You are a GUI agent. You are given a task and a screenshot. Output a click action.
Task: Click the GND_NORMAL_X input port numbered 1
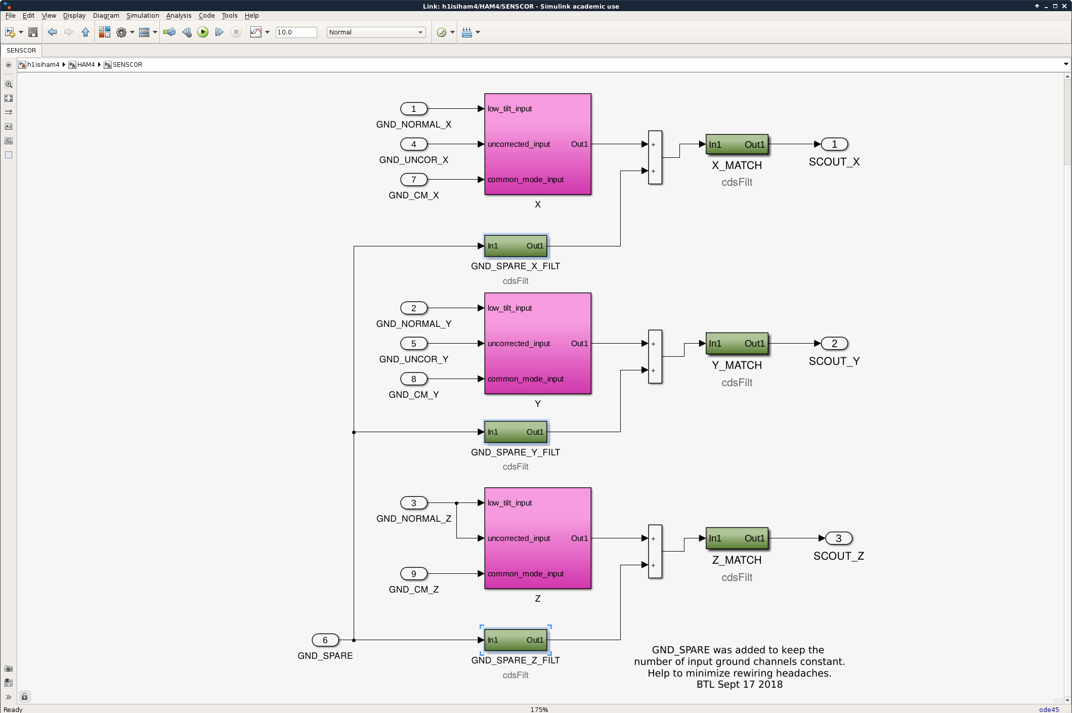click(413, 109)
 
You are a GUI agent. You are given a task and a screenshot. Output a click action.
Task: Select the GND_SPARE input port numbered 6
click(325, 640)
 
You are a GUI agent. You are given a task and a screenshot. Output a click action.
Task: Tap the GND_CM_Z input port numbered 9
click(413, 574)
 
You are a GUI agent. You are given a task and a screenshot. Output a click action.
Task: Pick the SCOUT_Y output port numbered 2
click(834, 344)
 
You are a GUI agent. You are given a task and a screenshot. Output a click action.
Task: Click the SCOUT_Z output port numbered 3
click(838, 538)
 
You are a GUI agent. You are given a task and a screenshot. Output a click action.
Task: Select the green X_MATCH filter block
click(737, 145)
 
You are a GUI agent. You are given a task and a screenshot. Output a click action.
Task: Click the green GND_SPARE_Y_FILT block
click(516, 432)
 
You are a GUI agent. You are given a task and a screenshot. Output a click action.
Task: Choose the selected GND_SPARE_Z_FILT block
click(516, 640)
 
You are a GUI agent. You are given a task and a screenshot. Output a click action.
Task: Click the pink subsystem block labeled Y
click(537, 344)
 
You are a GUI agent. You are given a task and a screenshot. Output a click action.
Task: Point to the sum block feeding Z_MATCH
click(655, 552)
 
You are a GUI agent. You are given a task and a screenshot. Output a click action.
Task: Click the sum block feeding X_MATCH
click(655, 157)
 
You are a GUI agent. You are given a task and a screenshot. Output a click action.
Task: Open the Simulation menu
click(143, 16)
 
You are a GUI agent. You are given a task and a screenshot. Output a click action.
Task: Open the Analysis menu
click(179, 16)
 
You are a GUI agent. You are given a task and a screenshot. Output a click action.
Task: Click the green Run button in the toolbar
click(203, 32)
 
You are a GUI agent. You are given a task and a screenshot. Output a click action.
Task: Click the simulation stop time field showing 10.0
click(296, 32)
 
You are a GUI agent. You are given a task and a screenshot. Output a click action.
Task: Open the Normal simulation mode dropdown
click(376, 32)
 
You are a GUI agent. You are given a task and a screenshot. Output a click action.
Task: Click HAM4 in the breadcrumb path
click(86, 65)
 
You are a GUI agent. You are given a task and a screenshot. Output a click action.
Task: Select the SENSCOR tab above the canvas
click(21, 51)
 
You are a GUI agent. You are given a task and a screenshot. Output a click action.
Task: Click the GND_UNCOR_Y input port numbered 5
click(413, 344)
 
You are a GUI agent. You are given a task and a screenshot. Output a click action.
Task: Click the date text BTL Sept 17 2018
click(739, 685)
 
